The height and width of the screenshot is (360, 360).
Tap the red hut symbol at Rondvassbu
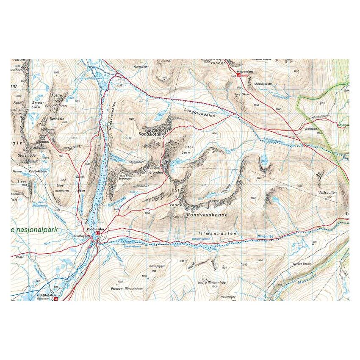click(98, 233)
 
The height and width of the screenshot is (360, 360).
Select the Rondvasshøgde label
click(207, 215)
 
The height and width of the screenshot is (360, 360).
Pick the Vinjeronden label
click(153, 172)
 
